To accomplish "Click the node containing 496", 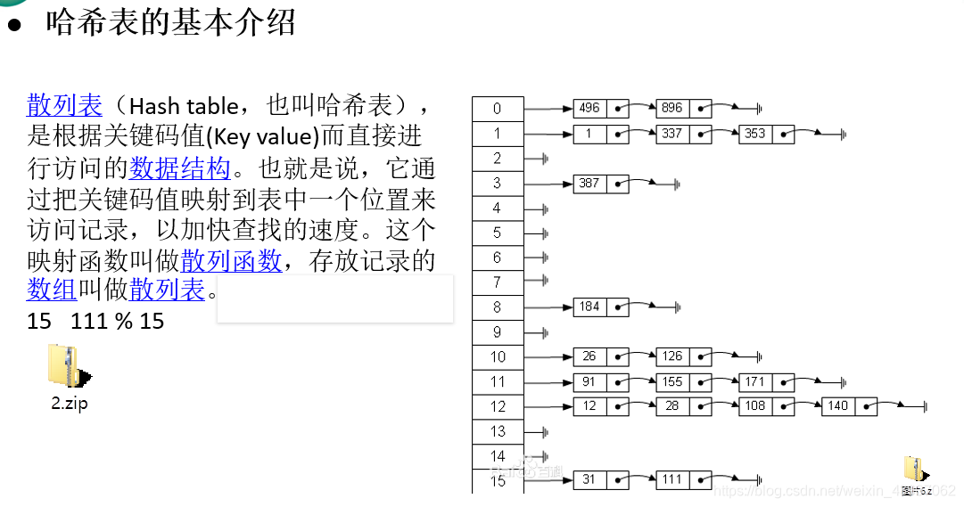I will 589,109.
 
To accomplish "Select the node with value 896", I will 672,109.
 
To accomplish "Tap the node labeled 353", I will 755,134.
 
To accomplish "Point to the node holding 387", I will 589,184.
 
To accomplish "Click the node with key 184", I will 589,307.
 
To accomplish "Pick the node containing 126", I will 672,356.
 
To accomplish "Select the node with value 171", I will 755,381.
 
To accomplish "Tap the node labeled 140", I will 838,406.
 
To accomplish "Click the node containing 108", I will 755,406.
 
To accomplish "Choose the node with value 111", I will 672,480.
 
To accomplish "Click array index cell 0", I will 498,109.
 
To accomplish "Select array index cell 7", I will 498,282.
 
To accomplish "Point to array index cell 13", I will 498,431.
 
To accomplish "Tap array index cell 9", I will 498,332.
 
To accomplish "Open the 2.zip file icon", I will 69,367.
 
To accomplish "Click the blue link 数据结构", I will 180,168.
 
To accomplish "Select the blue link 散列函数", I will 231,261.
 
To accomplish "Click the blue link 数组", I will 52,290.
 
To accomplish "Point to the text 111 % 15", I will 118,321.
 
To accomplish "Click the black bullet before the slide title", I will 13,24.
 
